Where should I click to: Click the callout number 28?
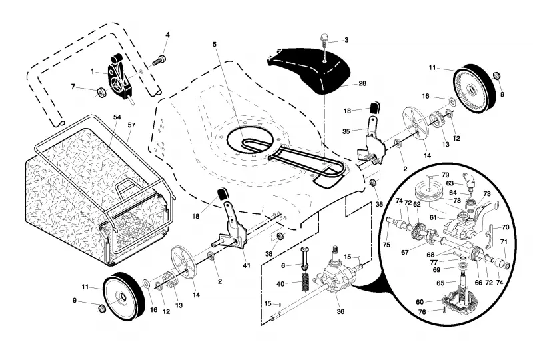pyautogui.click(x=362, y=83)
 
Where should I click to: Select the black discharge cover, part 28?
pyautogui.click(x=309, y=70)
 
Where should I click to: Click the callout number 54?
pyautogui.click(x=117, y=117)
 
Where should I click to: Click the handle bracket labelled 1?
pyautogui.click(x=119, y=78)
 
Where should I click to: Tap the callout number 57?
pyautogui.click(x=131, y=125)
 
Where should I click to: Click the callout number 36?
pyautogui.click(x=340, y=311)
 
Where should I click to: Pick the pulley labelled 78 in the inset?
pyautogui.click(x=427, y=192)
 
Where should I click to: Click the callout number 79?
pyautogui.click(x=445, y=175)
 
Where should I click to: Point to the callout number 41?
pyautogui.click(x=246, y=265)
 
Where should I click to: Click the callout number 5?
pyautogui.click(x=215, y=44)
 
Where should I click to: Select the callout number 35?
pyautogui.click(x=346, y=131)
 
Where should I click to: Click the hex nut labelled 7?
pyautogui.click(x=101, y=92)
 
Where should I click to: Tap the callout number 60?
pyautogui.click(x=420, y=302)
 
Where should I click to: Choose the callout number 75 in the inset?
pyautogui.click(x=386, y=245)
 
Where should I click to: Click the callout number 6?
pyautogui.click(x=283, y=265)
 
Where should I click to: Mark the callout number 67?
pyautogui.click(x=405, y=253)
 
